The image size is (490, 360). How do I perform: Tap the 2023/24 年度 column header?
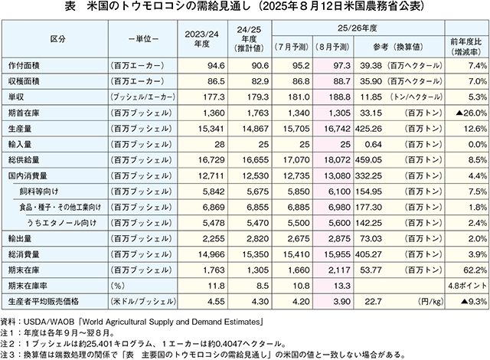point(198,37)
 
